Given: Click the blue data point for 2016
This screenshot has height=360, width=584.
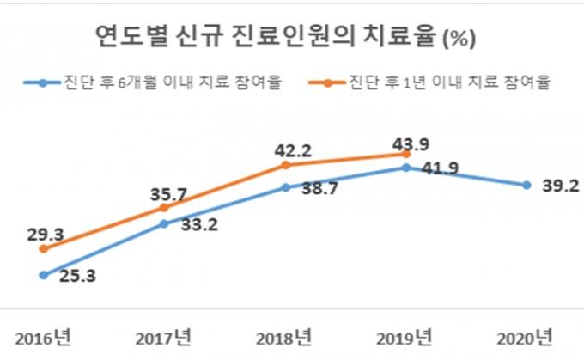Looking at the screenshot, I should pos(43,275).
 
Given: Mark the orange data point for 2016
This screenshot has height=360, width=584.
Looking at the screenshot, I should pos(43,249).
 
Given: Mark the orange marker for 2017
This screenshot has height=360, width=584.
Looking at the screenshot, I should pos(165,208).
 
